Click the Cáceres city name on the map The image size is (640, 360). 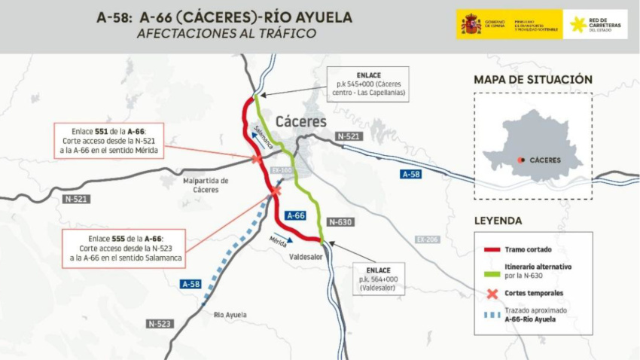tap(300, 121)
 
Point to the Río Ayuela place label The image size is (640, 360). tap(230, 315)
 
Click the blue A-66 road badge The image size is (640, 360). tap(296, 215)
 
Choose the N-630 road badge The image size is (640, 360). tap(341, 222)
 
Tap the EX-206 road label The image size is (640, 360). tap(426, 239)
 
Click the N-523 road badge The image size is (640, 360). tap(160, 323)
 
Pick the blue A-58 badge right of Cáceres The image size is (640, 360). tap(410, 174)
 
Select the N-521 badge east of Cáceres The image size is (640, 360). tap(349, 136)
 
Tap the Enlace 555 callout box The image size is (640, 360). tap(124, 248)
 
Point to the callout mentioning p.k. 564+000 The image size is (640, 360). tap(378, 278)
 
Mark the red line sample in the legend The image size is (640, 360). tap(492, 249)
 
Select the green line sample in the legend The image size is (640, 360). tap(492, 270)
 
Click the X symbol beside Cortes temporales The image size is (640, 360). tap(492, 293)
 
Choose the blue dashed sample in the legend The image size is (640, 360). tap(492, 314)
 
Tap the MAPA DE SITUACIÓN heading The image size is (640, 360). tap(532, 80)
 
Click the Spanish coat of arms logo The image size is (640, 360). tap(471, 24)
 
